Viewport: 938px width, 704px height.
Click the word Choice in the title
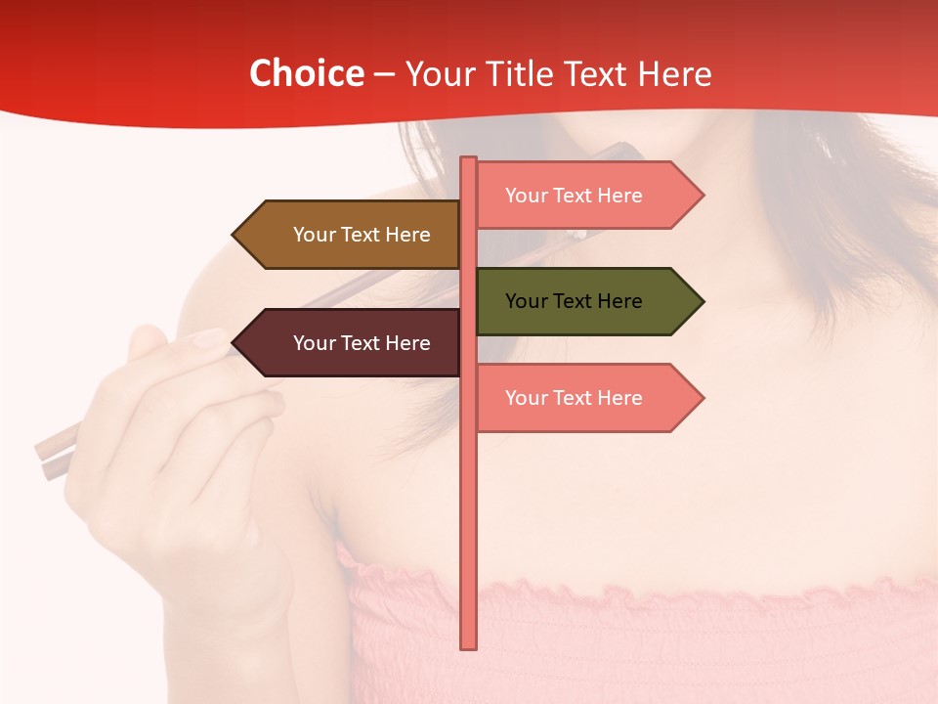306,74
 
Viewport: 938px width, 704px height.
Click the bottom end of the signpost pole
469,645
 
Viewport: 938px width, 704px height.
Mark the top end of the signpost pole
469,159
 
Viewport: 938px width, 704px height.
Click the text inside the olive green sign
574,301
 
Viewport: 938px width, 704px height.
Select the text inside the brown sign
362,235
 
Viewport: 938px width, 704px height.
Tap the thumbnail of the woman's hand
206,339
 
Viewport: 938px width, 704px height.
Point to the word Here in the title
674,74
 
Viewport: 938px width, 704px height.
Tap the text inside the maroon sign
362,343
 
